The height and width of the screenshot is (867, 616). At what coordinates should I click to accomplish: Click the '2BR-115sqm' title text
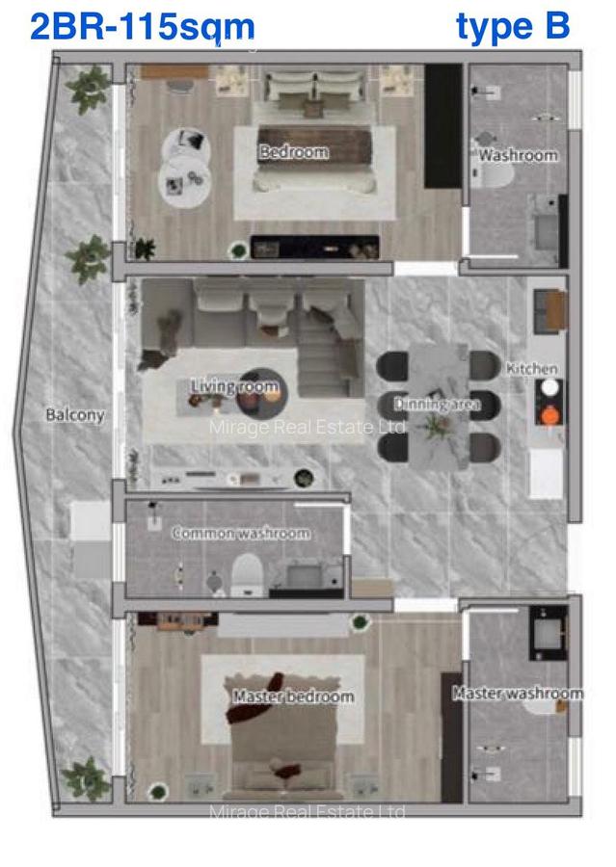point(142,27)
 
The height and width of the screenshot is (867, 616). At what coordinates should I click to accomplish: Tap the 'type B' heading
point(512,27)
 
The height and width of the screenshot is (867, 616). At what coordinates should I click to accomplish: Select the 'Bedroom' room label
point(293,152)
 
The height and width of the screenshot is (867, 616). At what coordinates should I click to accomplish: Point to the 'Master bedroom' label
point(293,696)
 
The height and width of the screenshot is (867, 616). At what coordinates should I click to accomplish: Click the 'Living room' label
point(234,387)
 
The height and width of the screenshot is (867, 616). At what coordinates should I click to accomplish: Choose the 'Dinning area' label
point(437,405)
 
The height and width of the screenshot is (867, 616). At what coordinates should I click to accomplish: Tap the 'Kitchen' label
point(531,369)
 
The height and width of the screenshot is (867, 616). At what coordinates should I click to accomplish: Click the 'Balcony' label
point(74,415)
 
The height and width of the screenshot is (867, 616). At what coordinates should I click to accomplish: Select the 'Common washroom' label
point(241,533)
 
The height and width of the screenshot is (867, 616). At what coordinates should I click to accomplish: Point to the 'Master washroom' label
point(518,693)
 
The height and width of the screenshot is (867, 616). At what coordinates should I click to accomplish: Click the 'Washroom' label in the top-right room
point(518,155)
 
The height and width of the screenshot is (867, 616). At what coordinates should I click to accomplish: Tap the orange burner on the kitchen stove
point(549,416)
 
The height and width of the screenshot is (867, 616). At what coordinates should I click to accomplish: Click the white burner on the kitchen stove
point(549,387)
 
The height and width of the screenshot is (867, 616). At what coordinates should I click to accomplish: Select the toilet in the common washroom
point(245,572)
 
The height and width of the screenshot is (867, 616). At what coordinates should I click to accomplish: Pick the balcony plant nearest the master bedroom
point(89,776)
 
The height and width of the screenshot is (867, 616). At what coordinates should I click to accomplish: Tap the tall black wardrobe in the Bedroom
point(443,126)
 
